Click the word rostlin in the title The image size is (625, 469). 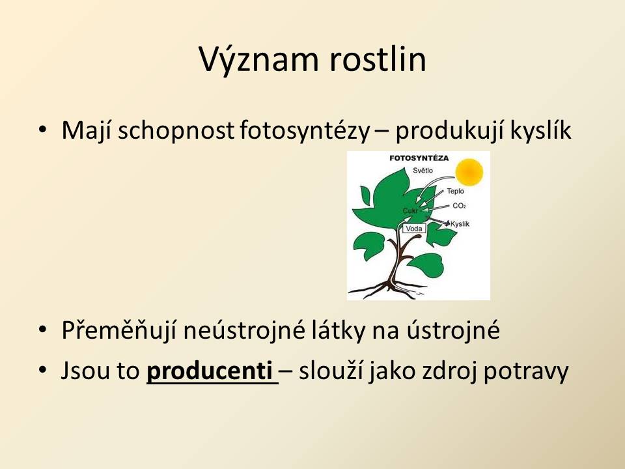tap(378, 59)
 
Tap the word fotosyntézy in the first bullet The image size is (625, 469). tap(305, 131)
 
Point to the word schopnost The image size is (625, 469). tap(176, 131)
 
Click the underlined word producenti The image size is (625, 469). tap(210, 371)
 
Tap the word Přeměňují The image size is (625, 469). tap(118, 331)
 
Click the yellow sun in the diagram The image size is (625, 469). tap(469, 172)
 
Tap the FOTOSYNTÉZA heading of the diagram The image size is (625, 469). tap(419, 158)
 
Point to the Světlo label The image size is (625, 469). tap(423, 170)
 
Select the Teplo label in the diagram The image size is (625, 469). tap(455, 191)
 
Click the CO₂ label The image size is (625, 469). tap(459, 206)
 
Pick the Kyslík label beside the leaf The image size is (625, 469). tap(460, 223)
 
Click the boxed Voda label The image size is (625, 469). tap(414, 229)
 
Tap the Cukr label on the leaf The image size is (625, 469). tap(410, 210)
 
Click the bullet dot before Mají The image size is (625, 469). tap(43, 130)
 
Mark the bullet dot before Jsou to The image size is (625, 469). tap(43, 370)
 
